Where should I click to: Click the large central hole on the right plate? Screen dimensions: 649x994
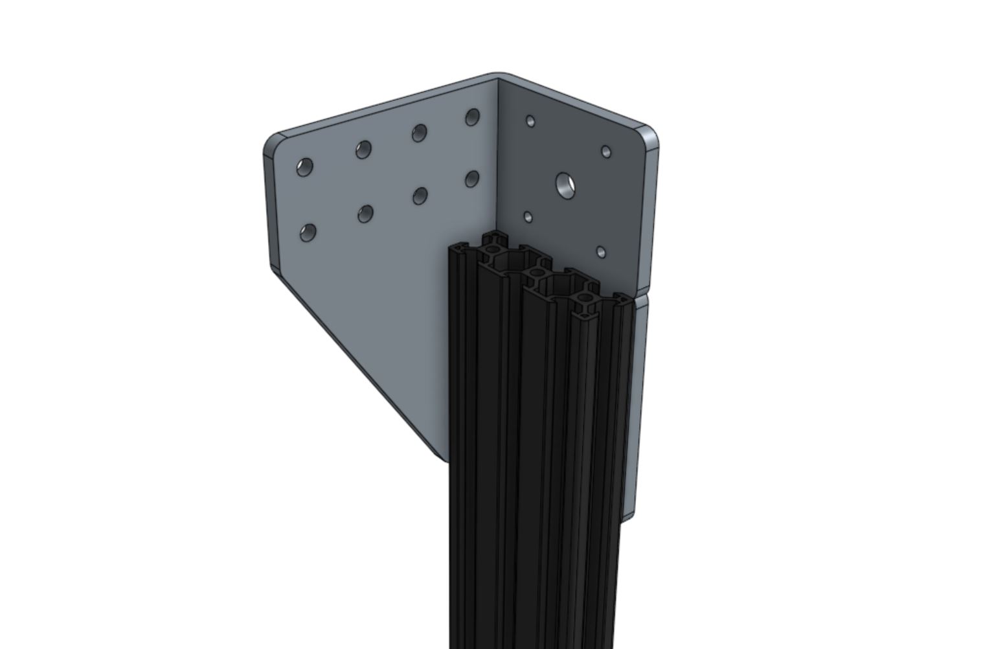coord(567,185)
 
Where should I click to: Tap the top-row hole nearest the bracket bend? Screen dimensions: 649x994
coord(472,117)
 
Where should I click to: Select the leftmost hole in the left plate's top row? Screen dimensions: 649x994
coord(304,167)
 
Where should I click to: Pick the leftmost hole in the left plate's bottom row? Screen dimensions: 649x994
coord(308,233)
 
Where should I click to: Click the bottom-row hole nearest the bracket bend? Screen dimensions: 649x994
coord(471,178)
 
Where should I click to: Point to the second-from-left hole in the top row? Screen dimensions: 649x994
coord(363,150)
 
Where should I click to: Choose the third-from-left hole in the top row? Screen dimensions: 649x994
coord(419,133)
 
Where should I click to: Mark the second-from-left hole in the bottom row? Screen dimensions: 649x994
coord(366,213)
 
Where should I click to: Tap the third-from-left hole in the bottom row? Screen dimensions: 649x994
coord(420,195)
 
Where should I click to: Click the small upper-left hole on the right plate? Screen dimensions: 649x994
coord(530,121)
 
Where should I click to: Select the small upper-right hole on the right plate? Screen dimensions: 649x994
coord(606,152)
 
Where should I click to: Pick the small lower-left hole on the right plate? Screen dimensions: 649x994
coord(528,217)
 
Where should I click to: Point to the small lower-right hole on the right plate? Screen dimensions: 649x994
coord(601,251)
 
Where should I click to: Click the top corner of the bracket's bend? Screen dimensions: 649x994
coord(497,77)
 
